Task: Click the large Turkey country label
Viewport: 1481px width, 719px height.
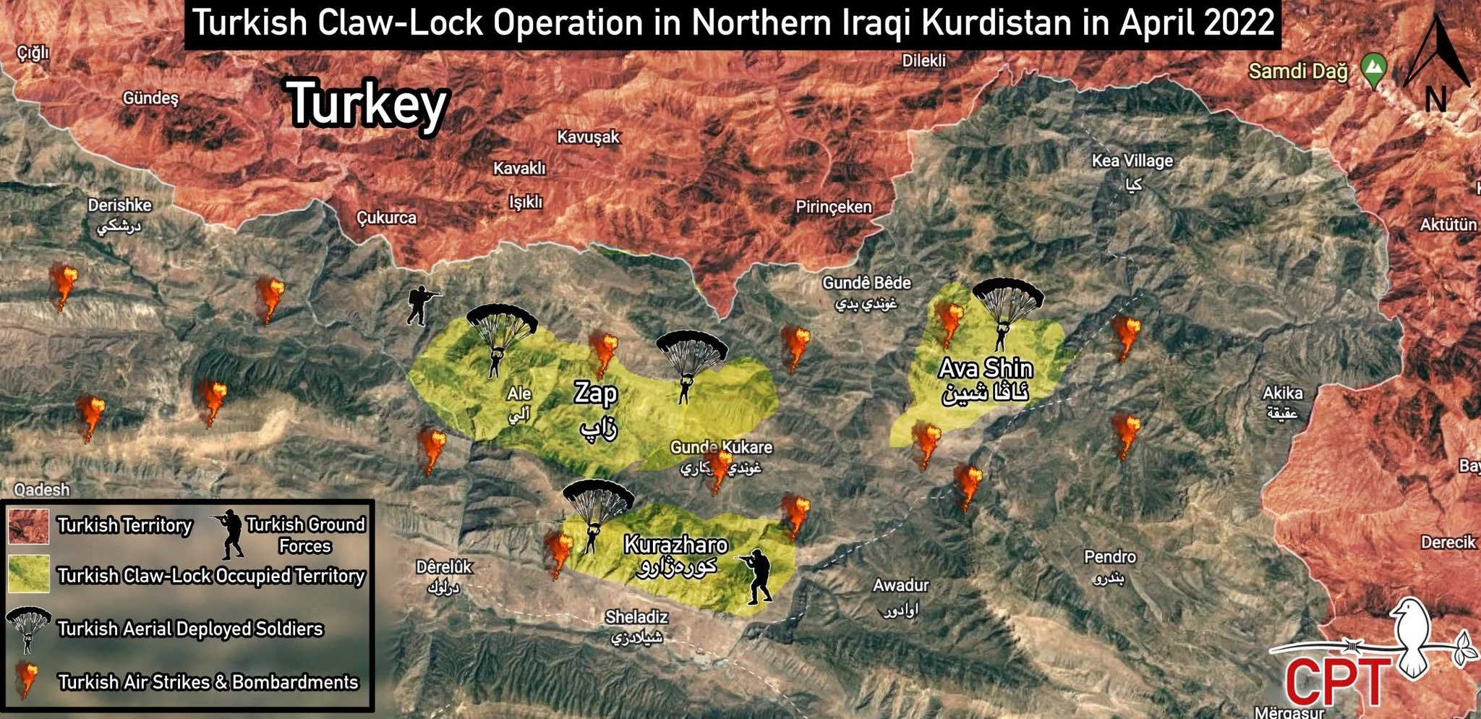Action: pos(368,104)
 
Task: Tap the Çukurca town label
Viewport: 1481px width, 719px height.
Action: pos(386,217)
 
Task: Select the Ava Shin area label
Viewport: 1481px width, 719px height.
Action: pos(986,369)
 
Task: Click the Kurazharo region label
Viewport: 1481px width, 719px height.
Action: pos(675,544)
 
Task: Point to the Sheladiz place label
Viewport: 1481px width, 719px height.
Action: pos(636,617)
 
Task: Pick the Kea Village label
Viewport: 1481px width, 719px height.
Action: pos(1132,161)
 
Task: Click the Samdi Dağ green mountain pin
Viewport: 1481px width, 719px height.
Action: pos(1373,69)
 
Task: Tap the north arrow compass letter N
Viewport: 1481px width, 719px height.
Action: pos(1435,99)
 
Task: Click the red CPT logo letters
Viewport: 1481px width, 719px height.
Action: pos(1338,681)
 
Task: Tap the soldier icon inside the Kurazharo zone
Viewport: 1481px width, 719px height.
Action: pos(756,577)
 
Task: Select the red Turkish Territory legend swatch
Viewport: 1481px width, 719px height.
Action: pos(29,526)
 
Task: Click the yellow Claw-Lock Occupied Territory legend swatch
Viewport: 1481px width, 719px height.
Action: pos(29,574)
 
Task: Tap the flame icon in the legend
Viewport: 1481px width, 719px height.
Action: pos(27,680)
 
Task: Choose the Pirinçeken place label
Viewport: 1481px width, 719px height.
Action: pos(833,207)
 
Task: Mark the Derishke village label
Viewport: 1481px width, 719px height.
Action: pos(119,205)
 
